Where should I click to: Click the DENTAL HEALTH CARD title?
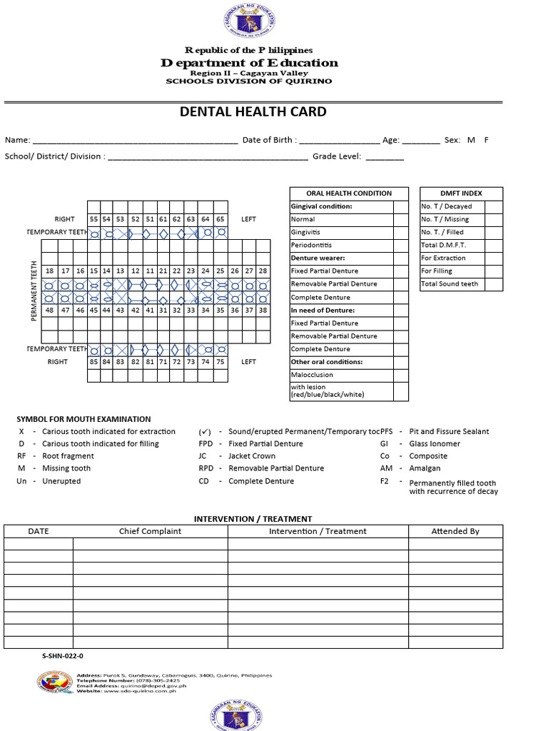pyautogui.click(x=253, y=112)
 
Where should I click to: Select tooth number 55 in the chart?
pyautogui.click(x=93, y=219)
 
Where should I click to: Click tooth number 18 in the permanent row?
pyautogui.click(x=49, y=271)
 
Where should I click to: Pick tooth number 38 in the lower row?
pyautogui.click(x=263, y=311)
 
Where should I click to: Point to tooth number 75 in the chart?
pyautogui.click(x=220, y=362)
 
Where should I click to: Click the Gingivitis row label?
pyautogui.click(x=305, y=233)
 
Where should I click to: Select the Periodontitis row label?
pyautogui.click(x=311, y=246)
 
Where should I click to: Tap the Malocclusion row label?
pyautogui.click(x=312, y=375)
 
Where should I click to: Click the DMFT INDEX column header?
pyautogui.click(x=461, y=193)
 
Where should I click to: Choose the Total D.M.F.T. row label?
pyautogui.click(x=443, y=246)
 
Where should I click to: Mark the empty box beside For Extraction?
pyautogui.click(x=493, y=258)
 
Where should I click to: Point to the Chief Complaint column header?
pyautogui.click(x=150, y=531)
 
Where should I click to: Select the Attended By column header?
pyautogui.click(x=455, y=531)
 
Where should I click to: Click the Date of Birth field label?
pyautogui.click(x=270, y=141)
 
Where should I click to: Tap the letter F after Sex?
pyautogui.click(x=487, y=141)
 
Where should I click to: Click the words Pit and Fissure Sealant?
pyautogui.click(x=449, y=432)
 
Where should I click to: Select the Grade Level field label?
pyautogui.click(x=337, y=156)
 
